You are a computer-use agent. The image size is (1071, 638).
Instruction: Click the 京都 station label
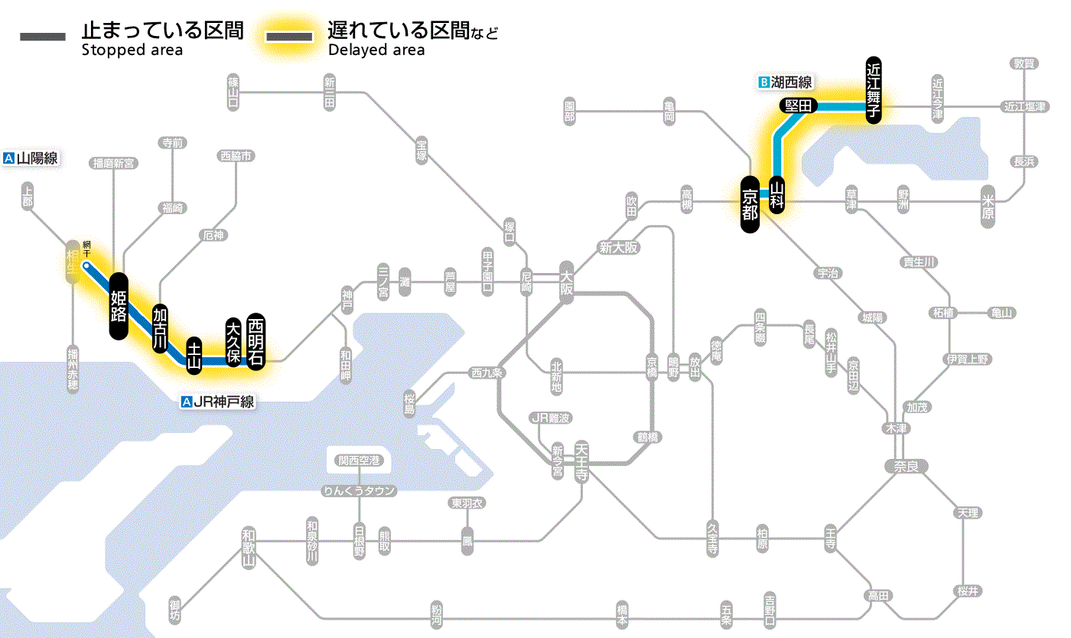[x=750, y=203]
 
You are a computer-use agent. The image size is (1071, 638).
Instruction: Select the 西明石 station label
[x=256, y=340]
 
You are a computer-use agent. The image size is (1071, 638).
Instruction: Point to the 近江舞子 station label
[x=874, y=89]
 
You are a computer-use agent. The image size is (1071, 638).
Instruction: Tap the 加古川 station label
[x=160, y=328]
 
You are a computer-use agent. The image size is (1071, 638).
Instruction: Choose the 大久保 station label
[x=233, y=340]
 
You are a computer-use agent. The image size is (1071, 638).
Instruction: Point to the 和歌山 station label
[x=248, y=548]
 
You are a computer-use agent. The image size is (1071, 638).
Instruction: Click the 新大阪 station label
[x=618, y=248]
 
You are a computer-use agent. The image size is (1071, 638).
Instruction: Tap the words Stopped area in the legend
[x=132, y=50]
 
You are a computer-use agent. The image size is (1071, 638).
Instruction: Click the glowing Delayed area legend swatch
[x=289, y=37]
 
